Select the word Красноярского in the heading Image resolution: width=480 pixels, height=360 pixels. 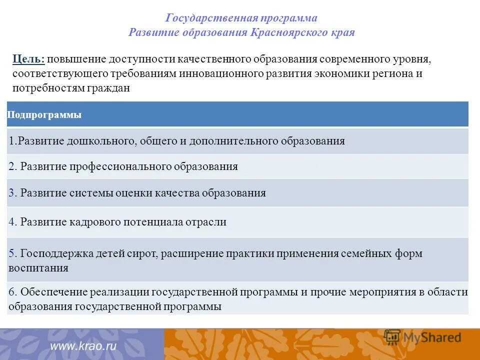(x=299, y=33)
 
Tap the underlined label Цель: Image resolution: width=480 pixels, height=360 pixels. (x=28, y=59)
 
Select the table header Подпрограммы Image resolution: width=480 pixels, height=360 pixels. (x=44, y=115)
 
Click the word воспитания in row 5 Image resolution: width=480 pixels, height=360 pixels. (x=38, y=268)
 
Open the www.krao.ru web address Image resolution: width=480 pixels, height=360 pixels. (x=83, y=346)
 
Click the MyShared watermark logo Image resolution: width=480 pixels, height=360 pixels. (x=422, y=336)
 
